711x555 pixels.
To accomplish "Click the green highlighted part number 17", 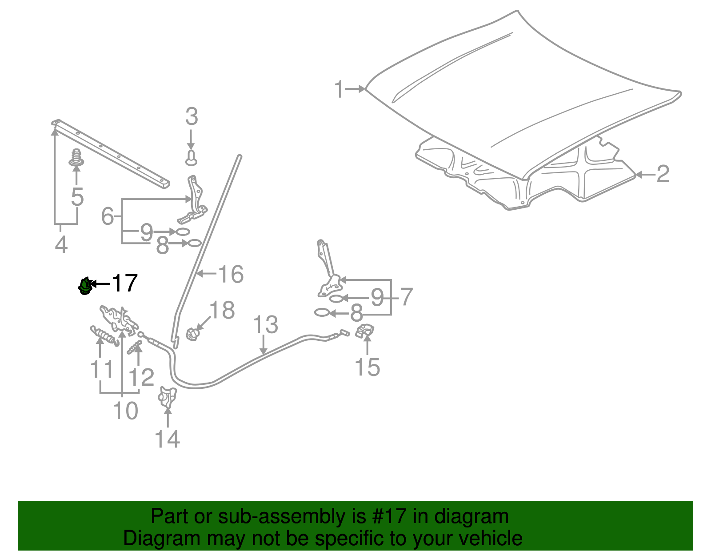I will point(84,286).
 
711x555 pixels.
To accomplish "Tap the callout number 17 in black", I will point(124,283).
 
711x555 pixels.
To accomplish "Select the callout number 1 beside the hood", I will point(339,89).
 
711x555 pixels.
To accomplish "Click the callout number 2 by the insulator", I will point(663,174).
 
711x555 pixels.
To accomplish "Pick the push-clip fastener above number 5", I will point(77,158).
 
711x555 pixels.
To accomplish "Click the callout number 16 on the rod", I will point(231,274).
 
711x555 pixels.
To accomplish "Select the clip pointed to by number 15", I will point(365,331).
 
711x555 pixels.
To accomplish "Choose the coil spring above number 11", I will point(105,335).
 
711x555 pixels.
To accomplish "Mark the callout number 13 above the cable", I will point(265,325).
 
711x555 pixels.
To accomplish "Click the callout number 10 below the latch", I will point(125,411).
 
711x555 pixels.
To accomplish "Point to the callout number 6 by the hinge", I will point(108,216).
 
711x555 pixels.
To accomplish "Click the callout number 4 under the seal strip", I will point(61,245).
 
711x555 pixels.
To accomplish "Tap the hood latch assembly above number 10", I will point(118,319).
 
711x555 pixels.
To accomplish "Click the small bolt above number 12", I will point(135,347).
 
